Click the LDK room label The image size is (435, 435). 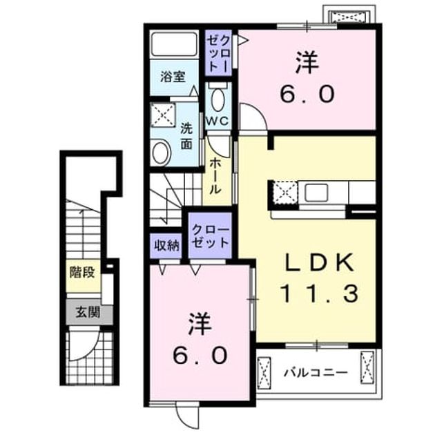click(x=320, y=262)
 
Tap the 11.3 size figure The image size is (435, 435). click(x=320, y=293)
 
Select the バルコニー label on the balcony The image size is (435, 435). click(x=316, y=372)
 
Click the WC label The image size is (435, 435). click(x=217, y=121)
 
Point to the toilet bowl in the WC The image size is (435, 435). click(x=217, y=99)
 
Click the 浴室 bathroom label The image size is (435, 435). click(x=173, y=77)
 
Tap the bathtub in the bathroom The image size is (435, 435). click(x=174, y=45)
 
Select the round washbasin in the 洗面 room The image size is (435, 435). click(x=161, y=153)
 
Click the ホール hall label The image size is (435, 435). click(x=215, y=176)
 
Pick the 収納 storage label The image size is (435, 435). click(x=166, y=246)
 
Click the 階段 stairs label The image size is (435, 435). click(x=82, y=272)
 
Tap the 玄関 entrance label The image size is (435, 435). click(x=88, y=313)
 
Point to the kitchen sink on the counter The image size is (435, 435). click(x=316, y=193)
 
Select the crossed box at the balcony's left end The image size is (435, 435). click(x=264, y=373)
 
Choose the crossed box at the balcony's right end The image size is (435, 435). click(x=367, y=367)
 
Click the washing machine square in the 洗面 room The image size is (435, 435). click(x=162, y=115)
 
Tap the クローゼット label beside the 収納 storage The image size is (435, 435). click(x=211, y=236)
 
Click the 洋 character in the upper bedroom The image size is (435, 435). click(x=307, y=64)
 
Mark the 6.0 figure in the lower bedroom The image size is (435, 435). click(x=200, y=356)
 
